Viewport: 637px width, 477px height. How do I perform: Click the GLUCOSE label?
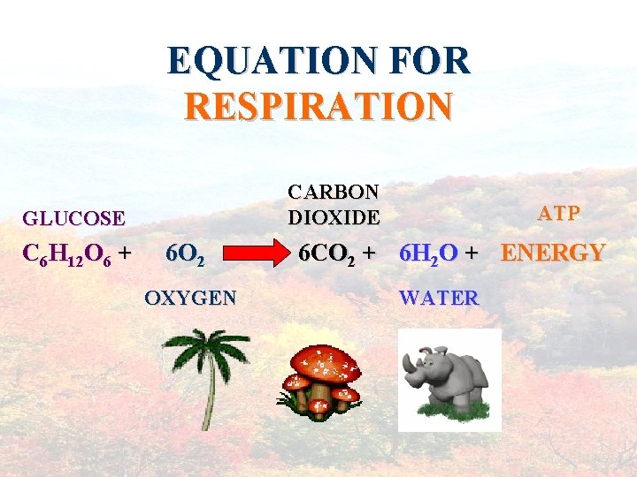tap(73, 217)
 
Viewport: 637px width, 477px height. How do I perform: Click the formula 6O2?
tap(186, 255)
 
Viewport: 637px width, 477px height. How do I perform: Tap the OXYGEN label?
tap(190, 298)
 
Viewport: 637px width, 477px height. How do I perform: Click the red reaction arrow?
tap(257, 255)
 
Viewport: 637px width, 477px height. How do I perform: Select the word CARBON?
tap(334, 193)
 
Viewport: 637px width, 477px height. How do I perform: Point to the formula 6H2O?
tap(428, 254)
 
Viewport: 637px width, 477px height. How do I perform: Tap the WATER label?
tap(439, 298)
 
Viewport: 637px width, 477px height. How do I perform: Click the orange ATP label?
tap(559, 214)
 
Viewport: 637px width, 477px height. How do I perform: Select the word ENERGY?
tap(553, 254)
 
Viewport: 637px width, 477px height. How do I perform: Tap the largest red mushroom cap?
tap(326, 360)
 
